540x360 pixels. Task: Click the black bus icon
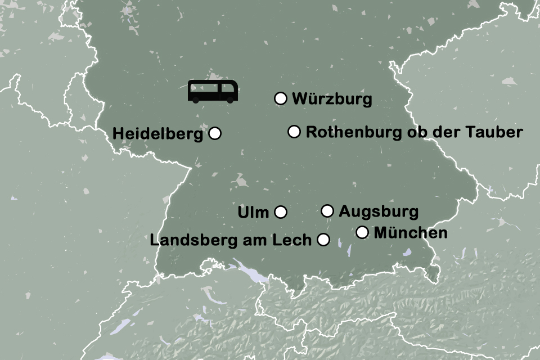pos(213,91)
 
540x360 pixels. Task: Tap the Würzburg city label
pos(332,100)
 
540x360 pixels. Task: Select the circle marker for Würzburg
pos(281,98)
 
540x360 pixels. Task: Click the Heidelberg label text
pos(157,134)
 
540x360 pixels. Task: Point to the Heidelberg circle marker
pos(215,133)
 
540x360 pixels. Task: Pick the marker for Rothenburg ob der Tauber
pos(294,132)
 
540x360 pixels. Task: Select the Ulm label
pos(254,213)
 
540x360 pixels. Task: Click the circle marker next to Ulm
pos(281,212)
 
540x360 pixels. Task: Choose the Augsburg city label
pos(379,212)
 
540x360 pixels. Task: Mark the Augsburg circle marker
pos(327,211)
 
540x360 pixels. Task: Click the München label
pos(411,233)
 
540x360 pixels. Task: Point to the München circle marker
pos(362,232)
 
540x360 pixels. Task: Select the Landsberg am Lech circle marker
pos(323,240)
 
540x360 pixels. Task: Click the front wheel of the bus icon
pos(230,100)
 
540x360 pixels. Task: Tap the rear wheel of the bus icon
pos(195,100)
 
